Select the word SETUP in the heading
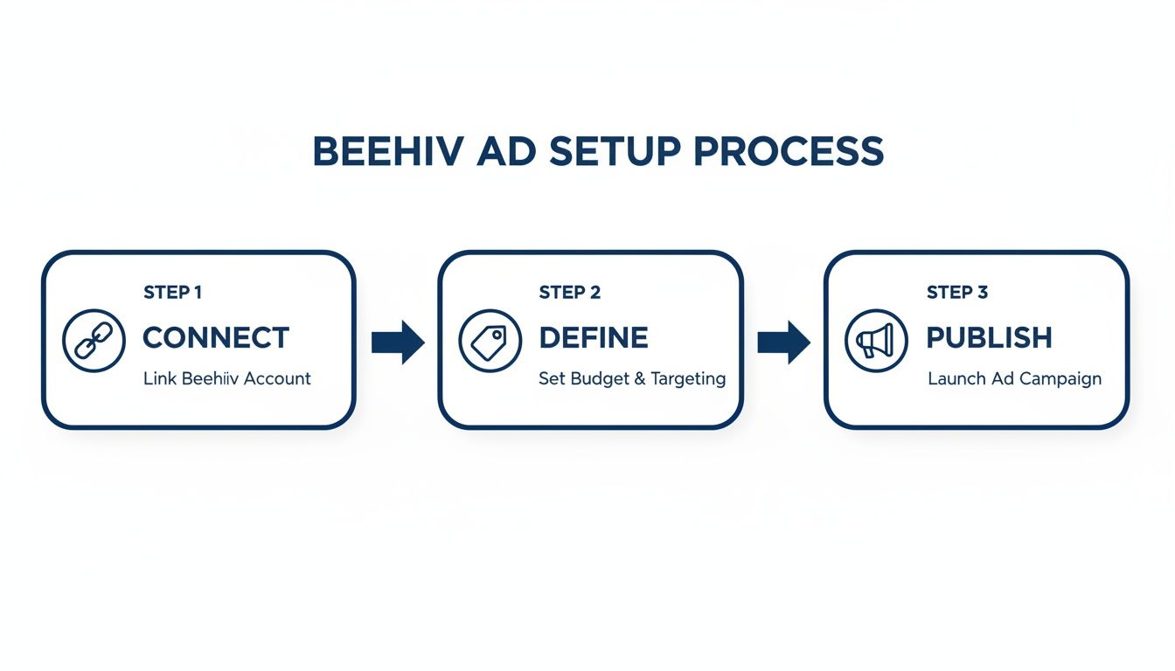[614, 152]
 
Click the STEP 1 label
[172, 293]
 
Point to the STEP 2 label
[569, 293]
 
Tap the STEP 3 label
[956, 293]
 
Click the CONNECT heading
[215, 338]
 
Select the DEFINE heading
[594, 338]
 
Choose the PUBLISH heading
[989, 338]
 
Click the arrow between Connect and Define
[397, 342]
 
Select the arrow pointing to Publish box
[783, 342]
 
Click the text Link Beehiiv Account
[226, 379]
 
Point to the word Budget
[601, 379]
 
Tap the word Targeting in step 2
[688, 379]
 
